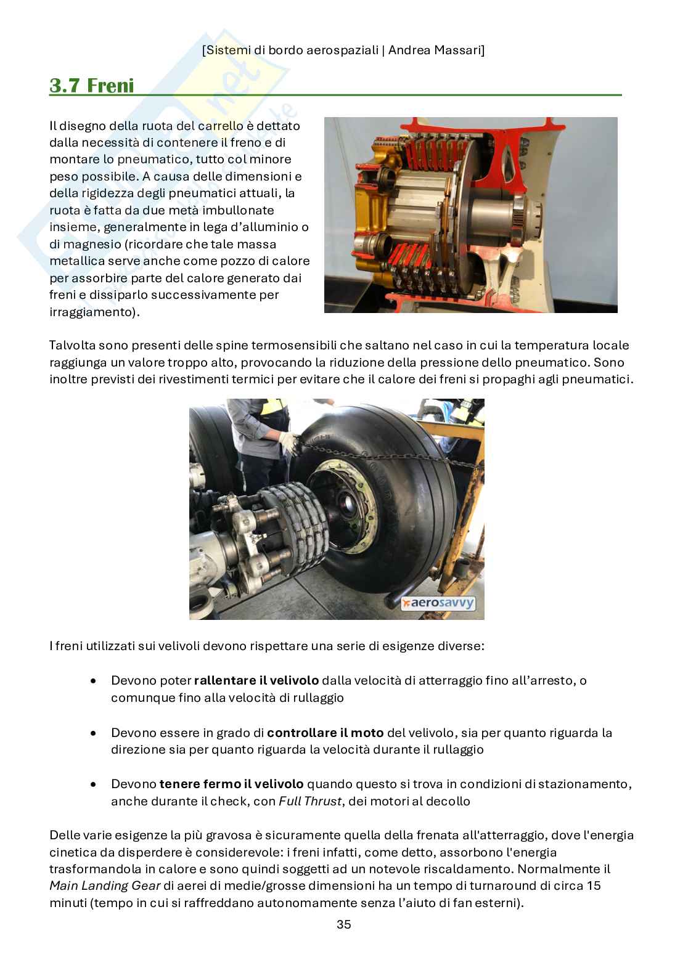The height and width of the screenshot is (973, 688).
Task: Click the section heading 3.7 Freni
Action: [x=91, y=85]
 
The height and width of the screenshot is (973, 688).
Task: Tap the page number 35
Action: [x=343, y=924]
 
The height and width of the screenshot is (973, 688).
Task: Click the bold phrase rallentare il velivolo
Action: [x=256, y=681]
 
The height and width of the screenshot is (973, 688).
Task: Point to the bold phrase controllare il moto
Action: [x=325, y=733]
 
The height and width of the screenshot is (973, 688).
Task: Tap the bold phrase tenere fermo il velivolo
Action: [x=231, y=784]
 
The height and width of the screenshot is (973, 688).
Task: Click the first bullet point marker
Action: [x=93, y=682]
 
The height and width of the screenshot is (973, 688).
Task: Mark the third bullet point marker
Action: [x=93, y=785]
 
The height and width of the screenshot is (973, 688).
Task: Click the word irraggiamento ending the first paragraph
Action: [x=92, y=312]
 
